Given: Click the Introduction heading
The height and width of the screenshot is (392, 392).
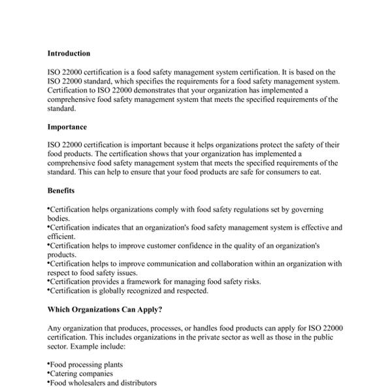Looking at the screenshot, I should [x=69, y=54].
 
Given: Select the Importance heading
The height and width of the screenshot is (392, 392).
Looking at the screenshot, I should [x=67, y=127].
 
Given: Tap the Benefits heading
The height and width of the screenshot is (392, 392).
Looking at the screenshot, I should [x=61, y=191].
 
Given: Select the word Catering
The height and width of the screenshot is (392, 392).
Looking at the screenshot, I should [x=65, y=374].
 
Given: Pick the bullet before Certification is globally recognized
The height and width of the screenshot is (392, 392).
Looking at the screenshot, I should [x=49, y=290].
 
